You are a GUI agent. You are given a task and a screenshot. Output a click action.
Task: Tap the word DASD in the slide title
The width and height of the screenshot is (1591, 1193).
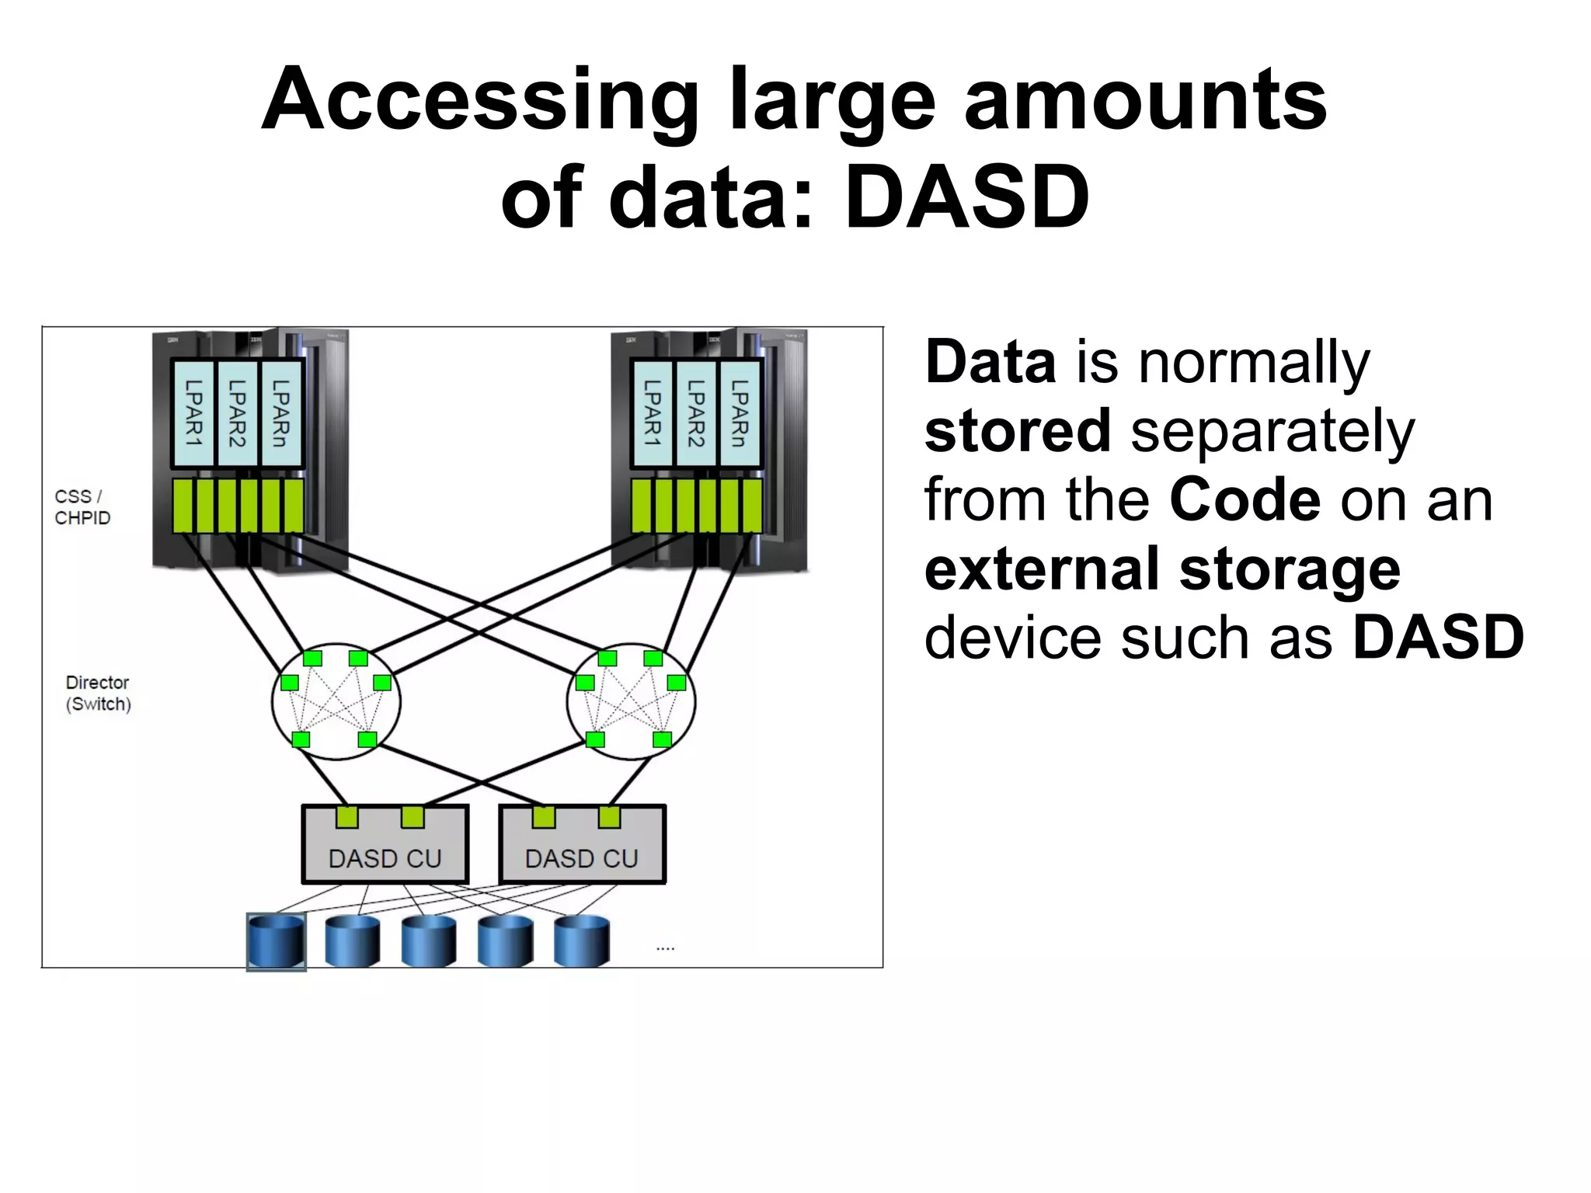click(966, 198)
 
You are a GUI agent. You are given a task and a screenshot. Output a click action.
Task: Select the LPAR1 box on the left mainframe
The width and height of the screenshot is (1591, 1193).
click(193, 413)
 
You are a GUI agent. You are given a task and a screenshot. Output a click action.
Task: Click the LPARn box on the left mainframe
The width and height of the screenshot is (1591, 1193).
click(281, 413)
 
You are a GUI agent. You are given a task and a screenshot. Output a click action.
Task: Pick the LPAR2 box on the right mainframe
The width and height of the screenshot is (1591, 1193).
click(695, 413)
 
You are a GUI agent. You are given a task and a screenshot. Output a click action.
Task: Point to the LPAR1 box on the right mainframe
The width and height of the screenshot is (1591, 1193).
click(652, 413)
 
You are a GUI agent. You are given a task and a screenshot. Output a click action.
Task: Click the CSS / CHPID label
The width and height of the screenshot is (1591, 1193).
click(82, 507)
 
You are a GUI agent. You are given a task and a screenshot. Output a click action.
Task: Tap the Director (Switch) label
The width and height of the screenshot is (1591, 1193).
click(98, 693)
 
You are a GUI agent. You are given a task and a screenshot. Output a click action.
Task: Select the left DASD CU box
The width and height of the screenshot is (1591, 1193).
click(385, 847)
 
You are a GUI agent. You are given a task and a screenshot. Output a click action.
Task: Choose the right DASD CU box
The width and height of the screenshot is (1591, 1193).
click(582, 847)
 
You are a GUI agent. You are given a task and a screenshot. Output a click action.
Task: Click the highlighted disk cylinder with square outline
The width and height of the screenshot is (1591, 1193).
click(276, 941)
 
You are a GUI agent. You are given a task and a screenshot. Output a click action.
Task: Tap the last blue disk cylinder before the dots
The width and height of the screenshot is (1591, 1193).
click(582, 941)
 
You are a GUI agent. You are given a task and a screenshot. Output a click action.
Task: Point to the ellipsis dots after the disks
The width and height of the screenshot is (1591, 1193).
click(665, 948)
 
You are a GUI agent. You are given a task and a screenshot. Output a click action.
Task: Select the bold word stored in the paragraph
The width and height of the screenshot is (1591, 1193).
click(1018, 431)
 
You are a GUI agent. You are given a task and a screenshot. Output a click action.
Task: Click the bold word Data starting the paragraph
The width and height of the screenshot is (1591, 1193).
click(990, 363)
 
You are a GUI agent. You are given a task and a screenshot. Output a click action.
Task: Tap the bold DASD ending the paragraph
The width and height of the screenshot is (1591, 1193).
click(1438, 638)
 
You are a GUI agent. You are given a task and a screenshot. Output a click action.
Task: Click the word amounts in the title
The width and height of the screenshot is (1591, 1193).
click(1145, 101)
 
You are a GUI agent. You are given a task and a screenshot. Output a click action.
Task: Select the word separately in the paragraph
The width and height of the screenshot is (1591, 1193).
click(1272, 431)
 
